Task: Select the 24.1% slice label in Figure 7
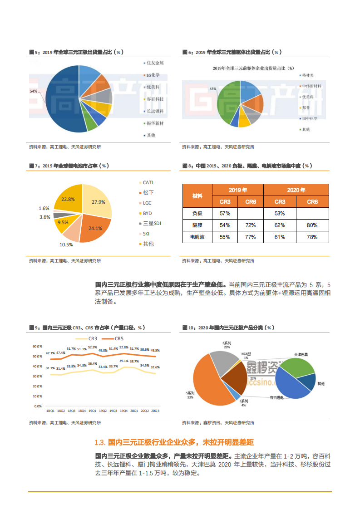click(95, 228)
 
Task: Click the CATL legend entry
click(148, 182)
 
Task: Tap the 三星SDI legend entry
click(152, 223)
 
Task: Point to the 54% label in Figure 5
click(33, 91)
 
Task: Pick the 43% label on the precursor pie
click(213, 89)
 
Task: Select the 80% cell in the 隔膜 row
click(312, 225)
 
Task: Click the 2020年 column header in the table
click(296, 190)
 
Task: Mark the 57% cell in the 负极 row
click(225, 213)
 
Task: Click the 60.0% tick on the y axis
click(37, 346)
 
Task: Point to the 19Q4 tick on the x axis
click(123, 411)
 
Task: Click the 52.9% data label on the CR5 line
click(92, 347)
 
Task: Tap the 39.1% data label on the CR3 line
click(123, 361)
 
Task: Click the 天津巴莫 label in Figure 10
click(301, 354)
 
